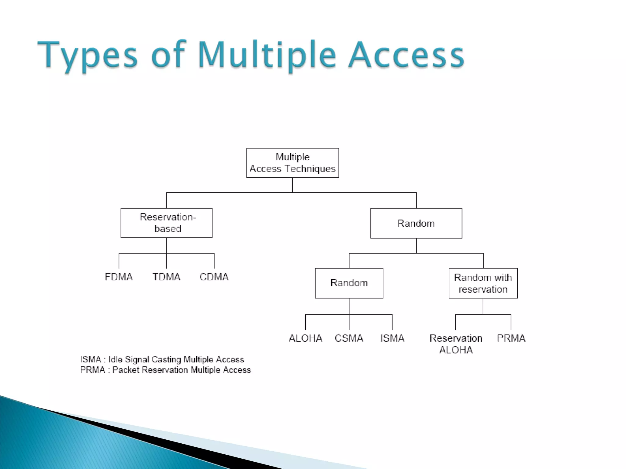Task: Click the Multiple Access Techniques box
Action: click(293, 163)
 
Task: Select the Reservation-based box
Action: click(166, 223)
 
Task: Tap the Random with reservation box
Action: click(483, 283)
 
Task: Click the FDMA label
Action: click(119, 277)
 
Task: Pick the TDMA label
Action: click(166, 277)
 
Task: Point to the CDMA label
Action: click(214, 277)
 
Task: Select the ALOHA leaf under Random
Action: click(305, 338)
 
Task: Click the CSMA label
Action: click(349, 338)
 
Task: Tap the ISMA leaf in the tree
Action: click(392, 338)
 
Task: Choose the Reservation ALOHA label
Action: click(456, 344)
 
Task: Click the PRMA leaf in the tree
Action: click(511, 338)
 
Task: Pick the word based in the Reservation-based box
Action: click(168, 229)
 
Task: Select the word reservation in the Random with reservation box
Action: click(483, 289)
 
